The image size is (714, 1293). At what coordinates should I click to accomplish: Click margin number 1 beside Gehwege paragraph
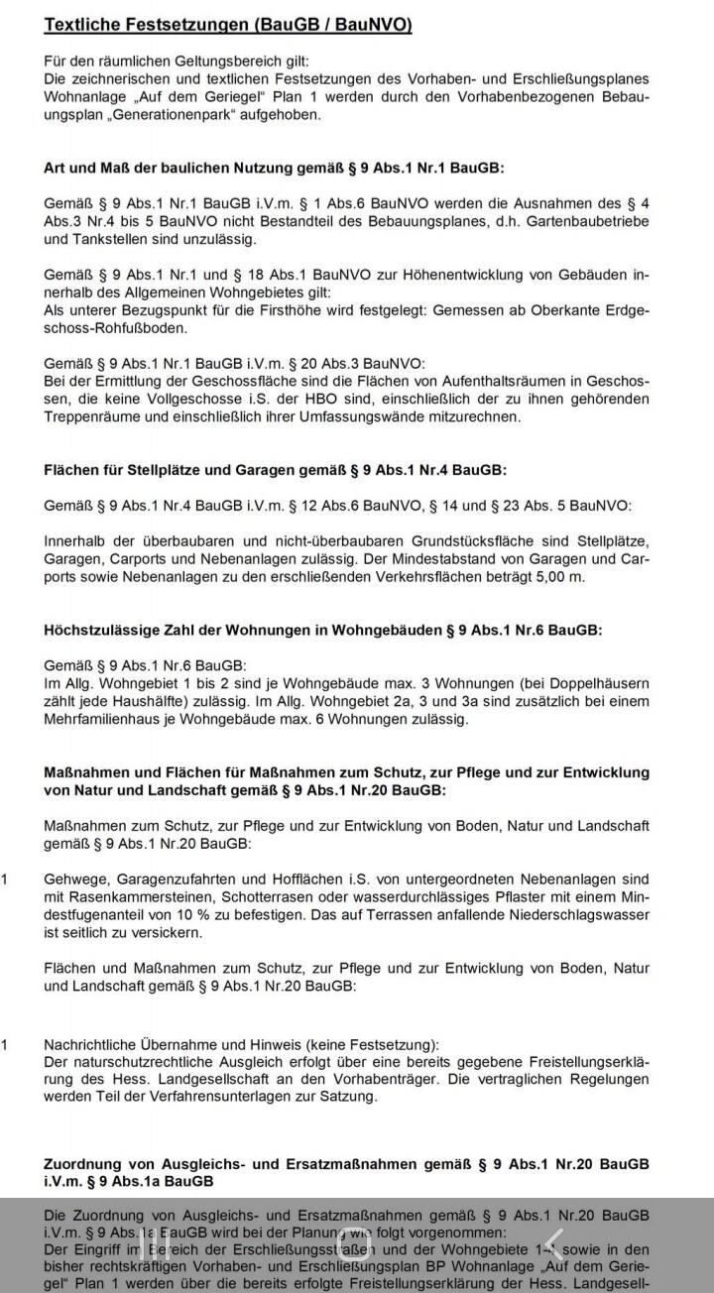tap(5, 880)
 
